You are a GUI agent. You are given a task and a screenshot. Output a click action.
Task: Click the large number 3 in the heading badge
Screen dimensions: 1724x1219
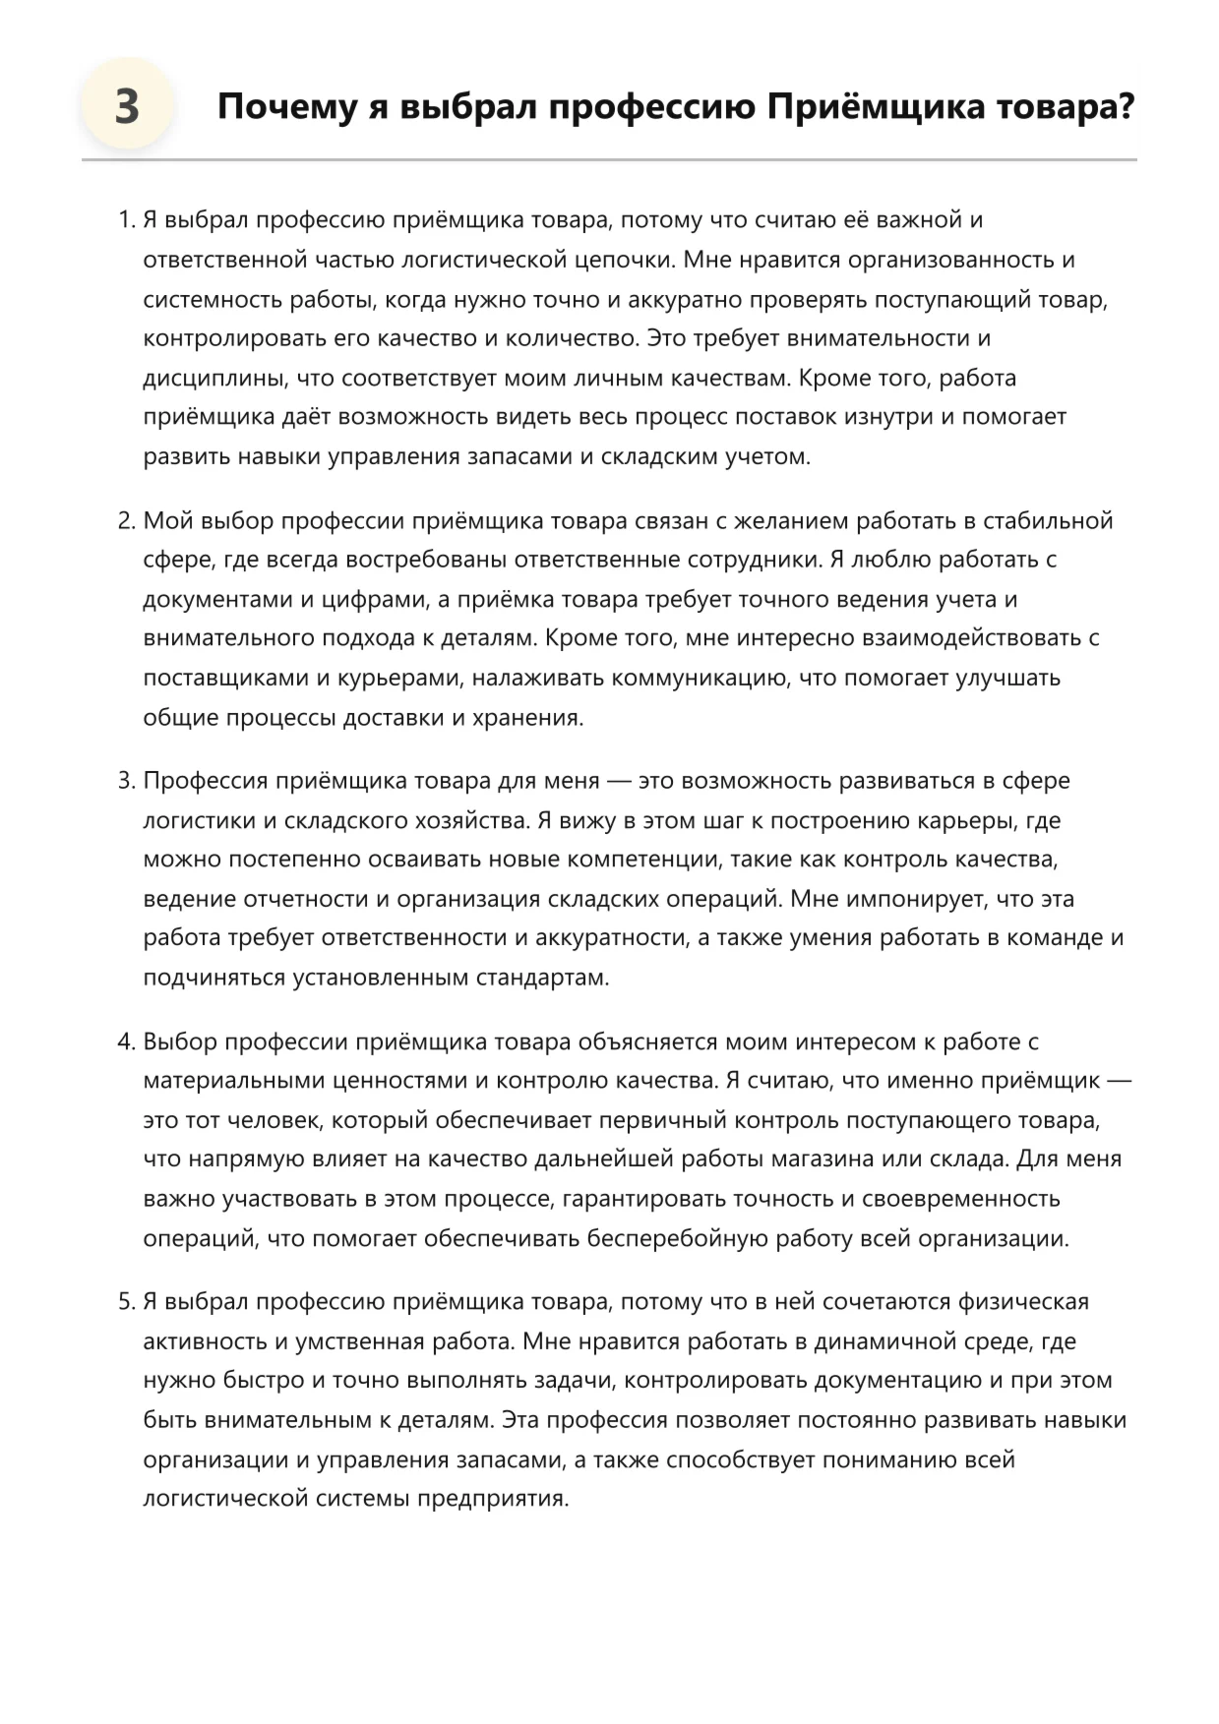click(x=127, y=106)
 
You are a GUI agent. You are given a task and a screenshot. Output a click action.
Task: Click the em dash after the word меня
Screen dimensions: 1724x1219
click(x=619, y=781)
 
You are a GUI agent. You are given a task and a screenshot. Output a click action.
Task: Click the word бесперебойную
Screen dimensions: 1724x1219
click(x=678, y=1238)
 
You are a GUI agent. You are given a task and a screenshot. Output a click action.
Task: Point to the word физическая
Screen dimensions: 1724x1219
click(x=1023, y=1302)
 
